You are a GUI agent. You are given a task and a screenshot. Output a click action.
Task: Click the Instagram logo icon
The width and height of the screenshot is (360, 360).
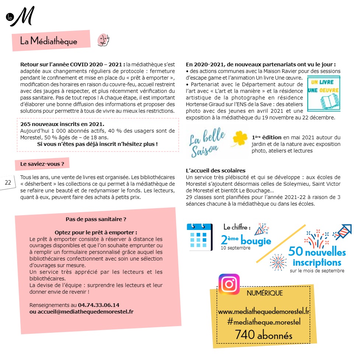(229, 284)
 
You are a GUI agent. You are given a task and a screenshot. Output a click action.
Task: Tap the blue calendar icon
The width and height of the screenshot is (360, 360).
(199, 237)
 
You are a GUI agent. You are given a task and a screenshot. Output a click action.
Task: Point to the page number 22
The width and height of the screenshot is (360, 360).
(8, 183)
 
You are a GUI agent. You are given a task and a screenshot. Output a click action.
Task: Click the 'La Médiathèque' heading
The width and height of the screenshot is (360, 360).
(49, 41)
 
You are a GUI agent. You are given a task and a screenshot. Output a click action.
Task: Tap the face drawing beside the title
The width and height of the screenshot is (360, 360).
(103, 40)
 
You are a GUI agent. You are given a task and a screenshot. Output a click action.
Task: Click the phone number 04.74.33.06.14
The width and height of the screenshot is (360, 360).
(98, 305)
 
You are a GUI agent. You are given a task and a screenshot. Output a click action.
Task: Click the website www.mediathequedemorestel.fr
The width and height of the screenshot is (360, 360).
(263, 312)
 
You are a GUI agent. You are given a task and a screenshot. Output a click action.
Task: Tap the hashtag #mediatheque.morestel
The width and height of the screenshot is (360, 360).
(263, 322)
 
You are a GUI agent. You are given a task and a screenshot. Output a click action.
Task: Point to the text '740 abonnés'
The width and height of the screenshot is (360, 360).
(263, 335)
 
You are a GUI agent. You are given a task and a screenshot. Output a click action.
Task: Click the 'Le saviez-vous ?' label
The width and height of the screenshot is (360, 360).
(42, 164)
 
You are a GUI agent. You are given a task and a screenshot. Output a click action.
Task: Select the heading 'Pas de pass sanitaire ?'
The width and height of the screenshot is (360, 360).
(96, 219)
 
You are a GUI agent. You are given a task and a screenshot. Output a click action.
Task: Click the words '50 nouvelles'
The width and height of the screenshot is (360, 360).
(317, 252)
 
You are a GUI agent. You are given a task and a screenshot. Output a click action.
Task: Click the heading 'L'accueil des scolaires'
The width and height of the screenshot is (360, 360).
(216, 171)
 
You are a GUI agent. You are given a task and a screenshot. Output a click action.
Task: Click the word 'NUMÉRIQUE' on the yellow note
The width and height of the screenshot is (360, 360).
(265, 293)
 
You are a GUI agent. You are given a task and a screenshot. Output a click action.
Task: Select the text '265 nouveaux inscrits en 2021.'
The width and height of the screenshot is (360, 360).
(62, 124)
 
